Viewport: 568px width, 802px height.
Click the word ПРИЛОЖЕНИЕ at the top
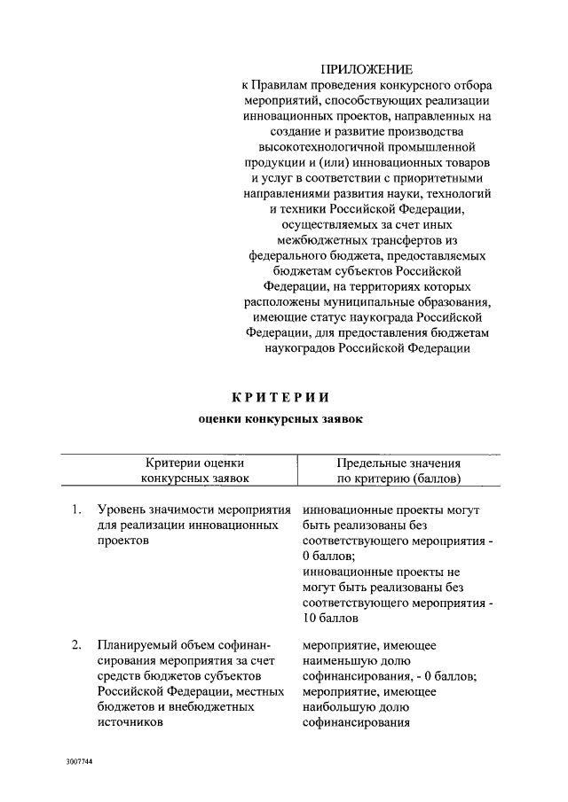[x=367, y=68]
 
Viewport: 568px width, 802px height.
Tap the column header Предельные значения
[x=398, y=463]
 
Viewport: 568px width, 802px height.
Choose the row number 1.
[x=76, y=510]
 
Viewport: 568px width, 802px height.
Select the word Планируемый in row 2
[x=136, y=644]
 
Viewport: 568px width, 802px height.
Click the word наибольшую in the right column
[x=342, y=707]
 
